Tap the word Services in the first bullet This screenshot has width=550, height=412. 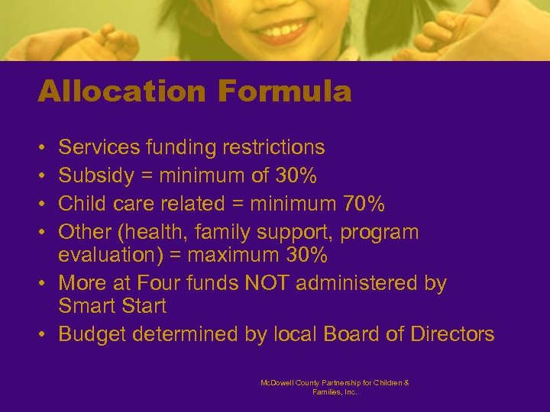click(95, 146)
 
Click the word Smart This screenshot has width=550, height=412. click(86, 307)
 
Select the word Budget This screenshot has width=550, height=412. click(90, 334)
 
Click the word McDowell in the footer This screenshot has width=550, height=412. click(280, 382)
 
